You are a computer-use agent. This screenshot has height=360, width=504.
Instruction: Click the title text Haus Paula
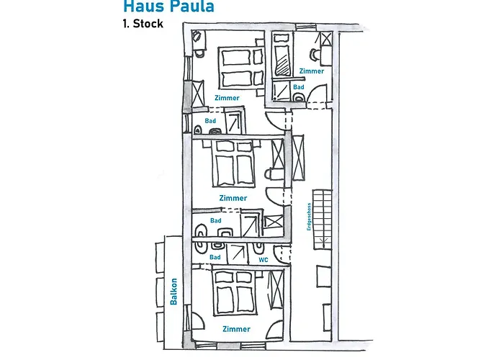click(x=168, y=7)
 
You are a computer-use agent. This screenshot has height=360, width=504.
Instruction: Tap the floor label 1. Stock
click(x=143, y=24)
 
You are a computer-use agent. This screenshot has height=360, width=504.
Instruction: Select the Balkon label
click(x=174, y=292)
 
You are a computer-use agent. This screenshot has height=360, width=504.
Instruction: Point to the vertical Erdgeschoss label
click(x=307, y=216)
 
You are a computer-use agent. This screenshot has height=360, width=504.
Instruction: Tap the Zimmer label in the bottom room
click(x=236, y=329)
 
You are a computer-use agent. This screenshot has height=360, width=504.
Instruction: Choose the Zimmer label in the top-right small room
click(x=311, y=71)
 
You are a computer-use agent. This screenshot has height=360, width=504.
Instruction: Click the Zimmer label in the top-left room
click(x=227, y=97)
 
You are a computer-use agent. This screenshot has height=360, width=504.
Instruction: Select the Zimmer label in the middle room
click(x=233, y=198)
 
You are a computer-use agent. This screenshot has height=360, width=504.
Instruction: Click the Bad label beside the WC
click(x=215, y=257)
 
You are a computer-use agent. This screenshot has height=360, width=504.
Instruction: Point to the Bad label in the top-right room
click(x=298, y=87)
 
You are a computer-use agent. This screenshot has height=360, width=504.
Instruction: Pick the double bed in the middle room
click(x=234, y=163)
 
